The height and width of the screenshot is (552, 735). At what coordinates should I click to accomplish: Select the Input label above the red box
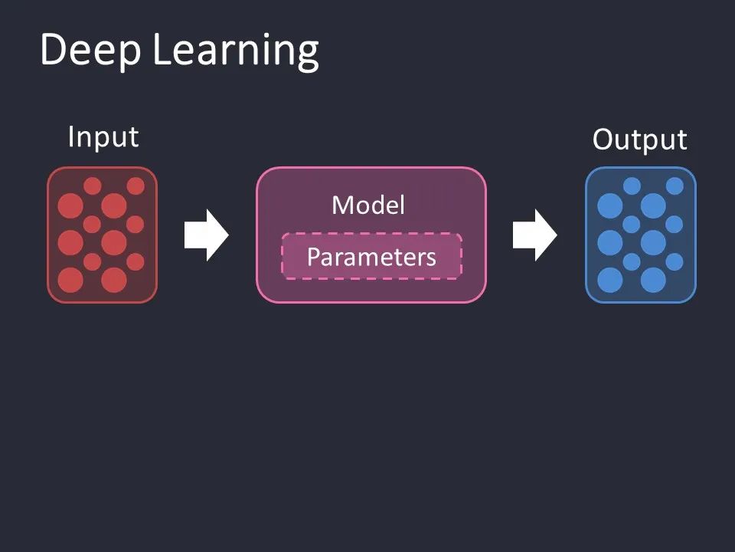coord(103,137)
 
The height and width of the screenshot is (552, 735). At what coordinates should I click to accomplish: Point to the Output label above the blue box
coord(639,140)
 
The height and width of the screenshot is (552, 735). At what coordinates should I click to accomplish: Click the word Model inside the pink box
coord(368,205)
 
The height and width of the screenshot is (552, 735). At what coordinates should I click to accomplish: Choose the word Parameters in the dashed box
coord(371,257)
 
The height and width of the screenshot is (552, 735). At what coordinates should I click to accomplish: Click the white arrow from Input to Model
coord(206,235)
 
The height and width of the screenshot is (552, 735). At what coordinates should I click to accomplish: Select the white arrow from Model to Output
coord(534,235)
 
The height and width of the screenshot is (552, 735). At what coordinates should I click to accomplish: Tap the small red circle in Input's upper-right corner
coord(136,186)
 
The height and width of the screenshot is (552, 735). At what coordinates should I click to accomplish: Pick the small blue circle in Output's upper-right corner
coord(675,186)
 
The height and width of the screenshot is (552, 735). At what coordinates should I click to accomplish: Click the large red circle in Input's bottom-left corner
coord(70,280)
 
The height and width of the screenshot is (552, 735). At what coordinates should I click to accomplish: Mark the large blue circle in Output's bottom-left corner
coord(610,280)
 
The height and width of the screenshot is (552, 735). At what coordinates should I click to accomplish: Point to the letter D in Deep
coord(53,51)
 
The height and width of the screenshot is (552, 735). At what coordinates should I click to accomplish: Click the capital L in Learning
coord(161,51)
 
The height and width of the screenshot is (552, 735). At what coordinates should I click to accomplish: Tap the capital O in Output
coord(603,140)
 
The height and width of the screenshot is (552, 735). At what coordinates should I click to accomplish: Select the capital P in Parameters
coord(313,257)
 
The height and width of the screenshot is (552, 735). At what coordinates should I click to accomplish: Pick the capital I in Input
coord(71,137)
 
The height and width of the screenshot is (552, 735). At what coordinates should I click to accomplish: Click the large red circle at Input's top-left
coord(70,205)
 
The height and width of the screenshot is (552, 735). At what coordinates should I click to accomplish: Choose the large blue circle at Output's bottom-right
coord(653,280)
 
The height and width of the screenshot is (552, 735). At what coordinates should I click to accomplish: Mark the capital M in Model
coord(341,205)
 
